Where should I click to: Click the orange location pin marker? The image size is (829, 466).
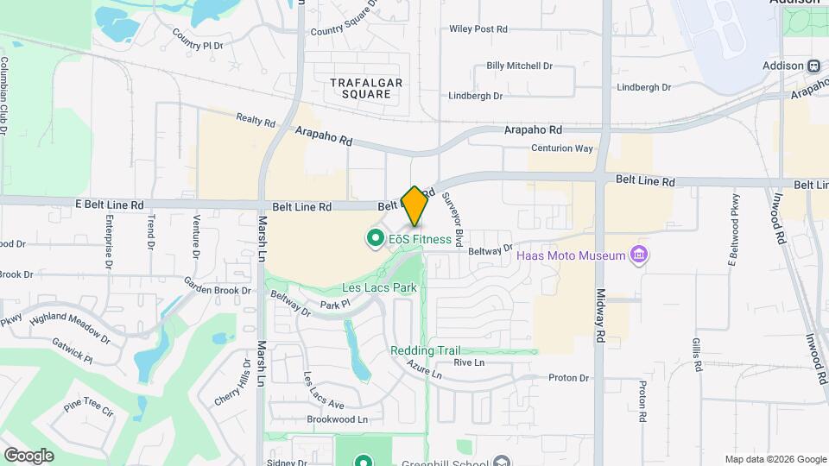click(x=414, y=206)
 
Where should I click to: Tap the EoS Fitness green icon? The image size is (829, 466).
click(x=376, y=238)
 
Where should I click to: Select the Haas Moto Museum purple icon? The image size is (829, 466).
click(x=639, y=255)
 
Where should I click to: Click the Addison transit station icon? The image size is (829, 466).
click(x=813, y=66)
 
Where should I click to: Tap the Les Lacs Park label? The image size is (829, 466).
click(x=379, y=287)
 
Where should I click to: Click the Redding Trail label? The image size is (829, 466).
click(x=425, y=350)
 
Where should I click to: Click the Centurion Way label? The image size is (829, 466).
click(x=561, y=148)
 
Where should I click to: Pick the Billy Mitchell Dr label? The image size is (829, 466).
click(x=519, y=66)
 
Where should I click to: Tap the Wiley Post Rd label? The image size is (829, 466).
click(x=478, y=28)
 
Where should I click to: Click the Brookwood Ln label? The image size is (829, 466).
click(x=338, y=419)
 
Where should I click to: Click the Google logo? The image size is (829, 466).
click(x=28, y=455)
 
